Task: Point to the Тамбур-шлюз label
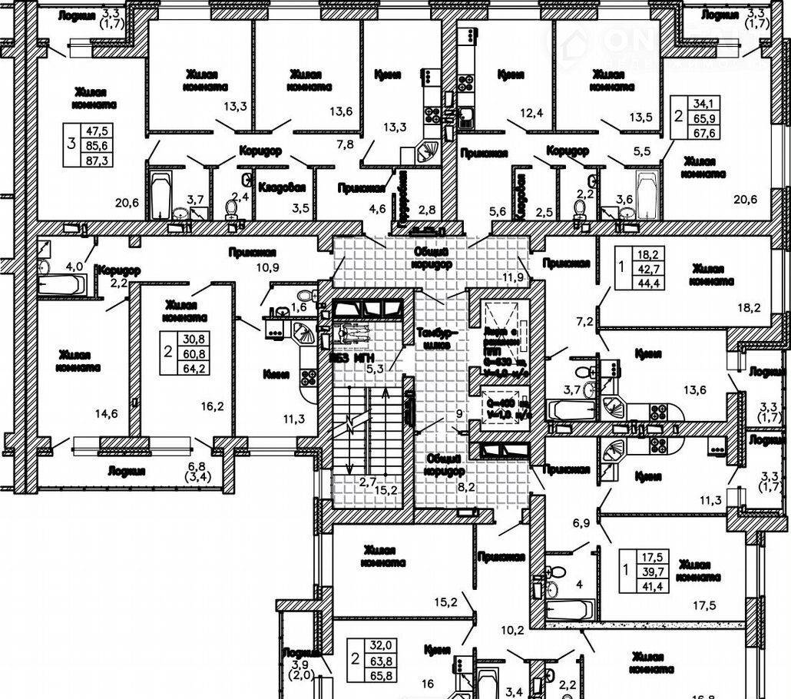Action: [436, 339]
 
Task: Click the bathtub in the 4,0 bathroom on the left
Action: [61, 284]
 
